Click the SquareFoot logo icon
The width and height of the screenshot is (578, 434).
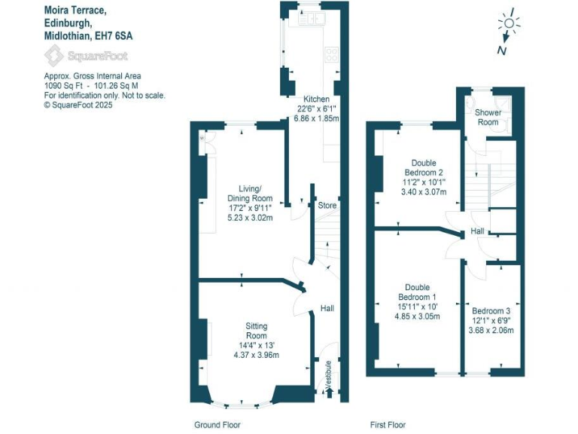[x=54, y=56]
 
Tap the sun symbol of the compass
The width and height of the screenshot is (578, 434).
[x=510, y=24]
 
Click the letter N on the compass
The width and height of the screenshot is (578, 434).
[x=500, y=50]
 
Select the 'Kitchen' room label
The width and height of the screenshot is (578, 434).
[x=316, y=99]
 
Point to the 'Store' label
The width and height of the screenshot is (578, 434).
[x=327, y=205]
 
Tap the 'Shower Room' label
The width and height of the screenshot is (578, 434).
[x=488, y=117]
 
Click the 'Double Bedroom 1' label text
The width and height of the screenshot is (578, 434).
[x=417, y=292]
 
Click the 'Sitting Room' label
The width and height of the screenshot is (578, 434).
[x=257, y=331]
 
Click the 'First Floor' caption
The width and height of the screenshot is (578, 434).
[x=388, y=425]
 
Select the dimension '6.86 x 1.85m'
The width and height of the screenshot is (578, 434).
[x=316, y=119]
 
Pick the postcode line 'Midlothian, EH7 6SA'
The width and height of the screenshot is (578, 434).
[x=91, y=35]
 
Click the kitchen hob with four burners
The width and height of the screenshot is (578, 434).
[x=331, y=54]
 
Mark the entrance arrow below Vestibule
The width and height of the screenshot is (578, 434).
[x=328, y=393]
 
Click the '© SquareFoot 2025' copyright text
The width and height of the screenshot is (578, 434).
[x=78, y=105]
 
